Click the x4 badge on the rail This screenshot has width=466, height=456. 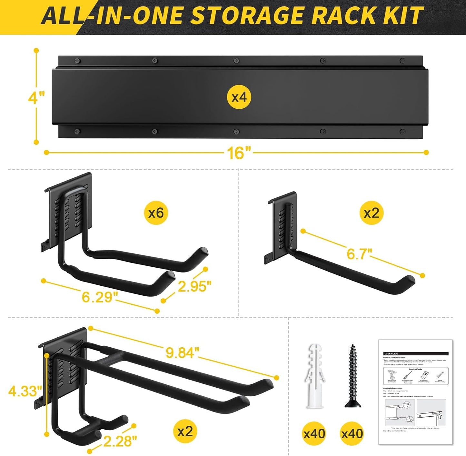(x=239, y=97)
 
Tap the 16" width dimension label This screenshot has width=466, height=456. (x=238, y=152)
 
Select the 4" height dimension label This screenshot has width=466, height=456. (x=36, y=97)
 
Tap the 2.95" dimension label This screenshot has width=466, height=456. (x=194, y=286)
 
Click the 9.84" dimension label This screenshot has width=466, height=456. (x=180, y=353)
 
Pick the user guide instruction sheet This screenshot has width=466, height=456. (x=415, y=392)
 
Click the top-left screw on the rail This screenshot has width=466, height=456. (x=77, y=61)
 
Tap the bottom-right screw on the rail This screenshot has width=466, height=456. (x=402, y=131)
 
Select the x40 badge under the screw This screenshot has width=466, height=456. (x=352, y=433)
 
